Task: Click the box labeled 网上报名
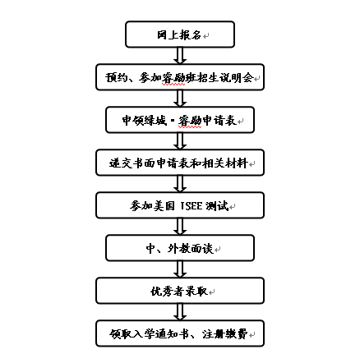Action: click(180, 34)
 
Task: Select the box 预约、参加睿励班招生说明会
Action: click(180, 77)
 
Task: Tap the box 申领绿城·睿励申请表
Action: click(180, 120)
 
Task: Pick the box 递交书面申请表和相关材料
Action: click(180, 163)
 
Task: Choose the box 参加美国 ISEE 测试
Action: click(180, 205)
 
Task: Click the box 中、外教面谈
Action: click(180, 248)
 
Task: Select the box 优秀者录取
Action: click(180, 291)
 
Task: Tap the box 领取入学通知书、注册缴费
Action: click(180, 333)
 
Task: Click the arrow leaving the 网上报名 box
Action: click(180, 56)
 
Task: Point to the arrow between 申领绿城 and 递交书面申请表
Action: click(180, 141)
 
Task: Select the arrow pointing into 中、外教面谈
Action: click(180, 227)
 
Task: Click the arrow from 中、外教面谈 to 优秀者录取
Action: click(180, 269)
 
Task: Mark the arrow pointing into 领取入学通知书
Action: click(180, 312)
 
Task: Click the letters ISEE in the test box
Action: click(192, 206)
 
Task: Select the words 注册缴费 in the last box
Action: click(224, 334)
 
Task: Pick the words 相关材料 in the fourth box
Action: click(225, 163)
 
